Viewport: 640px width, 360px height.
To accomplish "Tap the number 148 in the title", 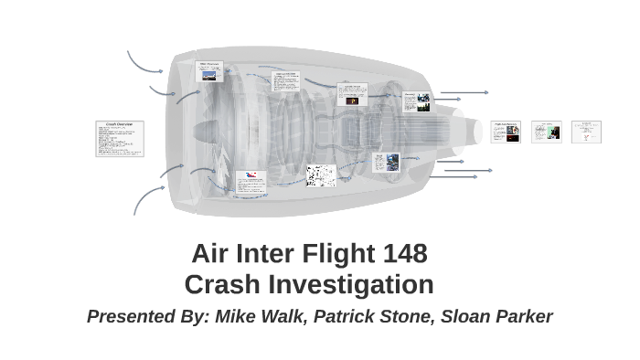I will coord(402,253).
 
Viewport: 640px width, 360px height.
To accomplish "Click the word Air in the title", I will coord(209,253).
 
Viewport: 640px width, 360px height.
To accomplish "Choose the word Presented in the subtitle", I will coord(129,317).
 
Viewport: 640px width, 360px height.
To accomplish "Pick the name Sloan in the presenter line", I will coord(466,317).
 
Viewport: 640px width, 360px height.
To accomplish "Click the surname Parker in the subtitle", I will coord(523,317).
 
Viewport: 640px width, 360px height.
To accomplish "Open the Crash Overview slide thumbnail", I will coord(120,139).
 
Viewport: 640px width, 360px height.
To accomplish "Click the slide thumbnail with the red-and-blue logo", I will coord(251,180).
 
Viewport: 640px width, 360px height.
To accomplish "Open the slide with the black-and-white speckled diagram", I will coord(320,175).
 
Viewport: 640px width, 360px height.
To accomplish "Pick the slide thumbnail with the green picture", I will coord(547,132).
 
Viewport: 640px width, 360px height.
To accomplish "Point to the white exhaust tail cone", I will coord(466,128).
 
